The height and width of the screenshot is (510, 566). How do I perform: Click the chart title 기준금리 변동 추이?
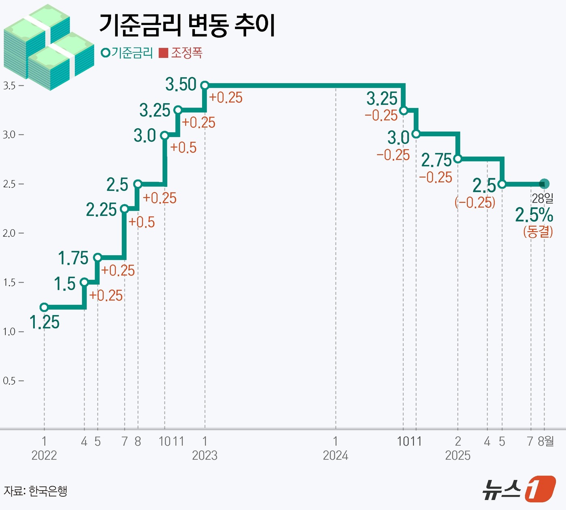(187, 25)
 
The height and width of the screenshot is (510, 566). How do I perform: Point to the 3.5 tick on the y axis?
(10, 86)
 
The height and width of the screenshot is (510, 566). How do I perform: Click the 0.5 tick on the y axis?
(10, 381)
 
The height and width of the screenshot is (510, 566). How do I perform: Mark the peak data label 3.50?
(181, 85)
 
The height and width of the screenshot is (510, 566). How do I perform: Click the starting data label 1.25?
(44, 322)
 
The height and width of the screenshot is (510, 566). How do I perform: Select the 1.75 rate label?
(73, 258)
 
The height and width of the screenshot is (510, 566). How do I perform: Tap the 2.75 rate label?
(436, 161)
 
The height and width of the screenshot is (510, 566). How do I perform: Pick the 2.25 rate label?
(101, 210)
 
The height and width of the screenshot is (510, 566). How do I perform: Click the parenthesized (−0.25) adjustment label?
(475, 202)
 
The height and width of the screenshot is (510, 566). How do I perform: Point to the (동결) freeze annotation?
(538, 231)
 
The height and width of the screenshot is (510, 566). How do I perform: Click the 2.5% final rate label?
(534, 215)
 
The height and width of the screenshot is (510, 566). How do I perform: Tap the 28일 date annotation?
(543, 198)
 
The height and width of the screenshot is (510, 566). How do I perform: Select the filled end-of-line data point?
(544, 184)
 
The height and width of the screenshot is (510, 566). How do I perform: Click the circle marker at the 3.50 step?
(205, 85)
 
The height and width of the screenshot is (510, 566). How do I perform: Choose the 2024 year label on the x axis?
(335, 455)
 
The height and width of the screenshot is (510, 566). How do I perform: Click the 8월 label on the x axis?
(546, 441)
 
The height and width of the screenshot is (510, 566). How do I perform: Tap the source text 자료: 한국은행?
(36, 491)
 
